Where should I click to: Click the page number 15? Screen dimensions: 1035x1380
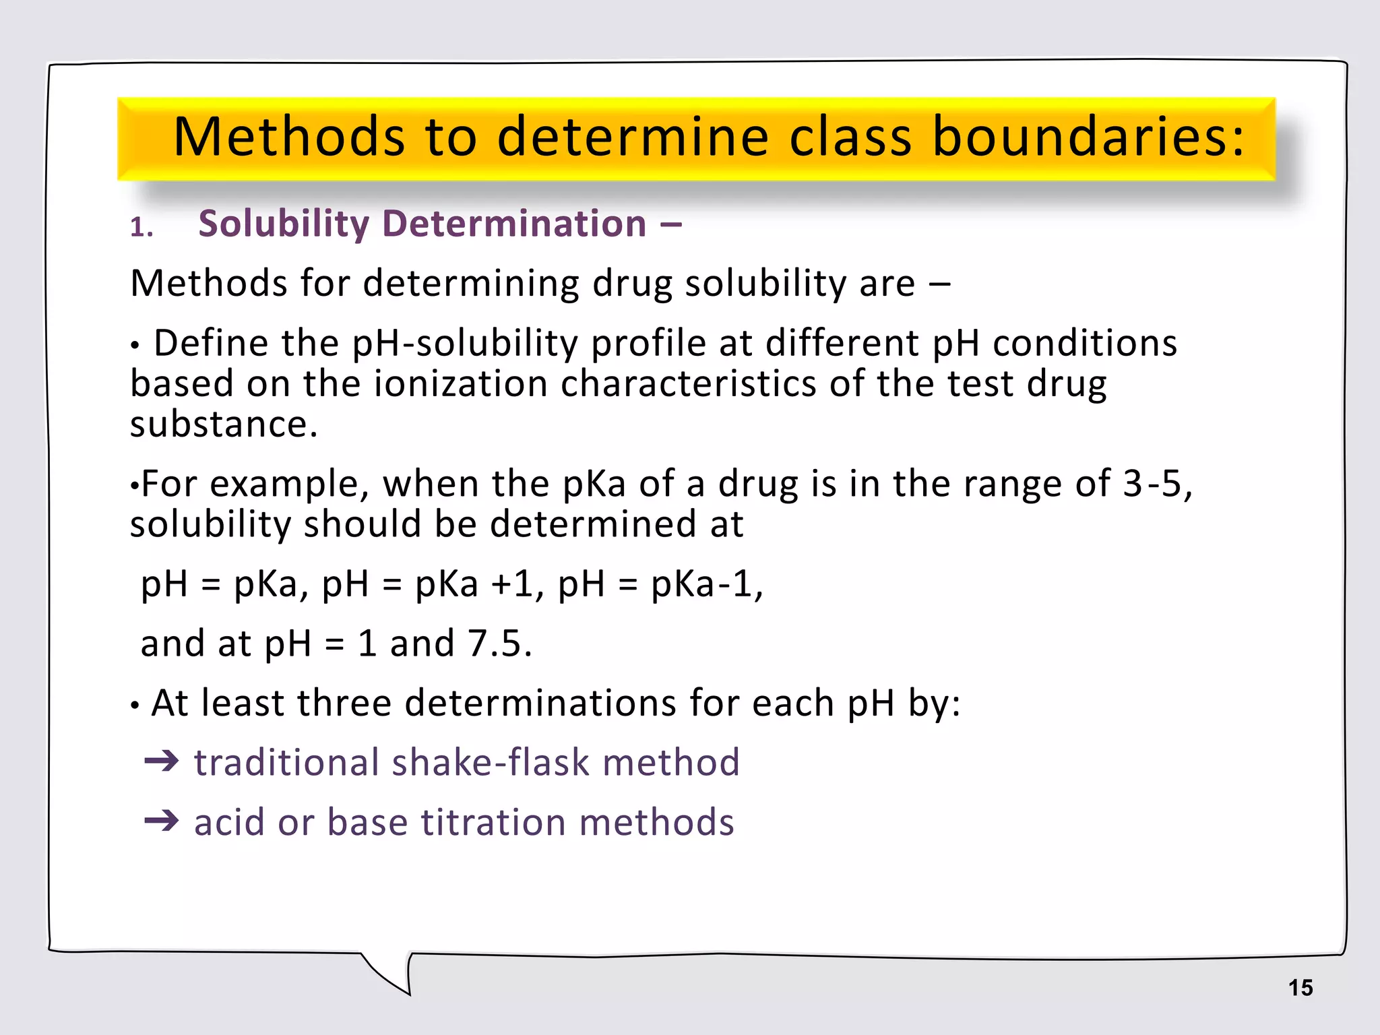(1300, 988)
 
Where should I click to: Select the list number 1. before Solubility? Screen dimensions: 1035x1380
(142, 228)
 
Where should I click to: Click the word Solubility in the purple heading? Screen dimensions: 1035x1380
(283, 224)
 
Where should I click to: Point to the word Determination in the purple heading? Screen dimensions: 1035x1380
(514, 224)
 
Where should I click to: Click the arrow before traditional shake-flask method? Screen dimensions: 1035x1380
(162, 762)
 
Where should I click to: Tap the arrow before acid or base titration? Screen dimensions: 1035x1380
(162, 821)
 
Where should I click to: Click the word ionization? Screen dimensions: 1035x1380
(461, 384)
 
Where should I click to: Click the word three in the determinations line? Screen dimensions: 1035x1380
(344, 703)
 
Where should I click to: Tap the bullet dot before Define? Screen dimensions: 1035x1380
(135, 346)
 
